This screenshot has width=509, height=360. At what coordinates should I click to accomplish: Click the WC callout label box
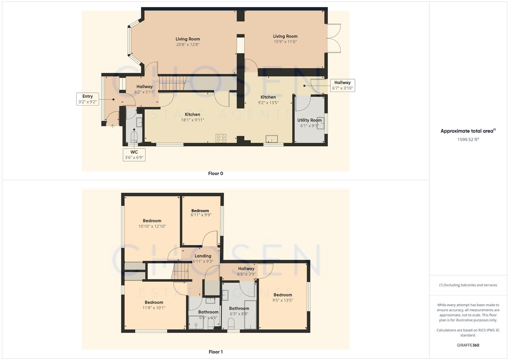pos(134,155)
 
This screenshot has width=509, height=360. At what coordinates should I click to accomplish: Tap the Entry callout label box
pos(88,99)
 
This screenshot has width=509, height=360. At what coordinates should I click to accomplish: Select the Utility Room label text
pos(309,120)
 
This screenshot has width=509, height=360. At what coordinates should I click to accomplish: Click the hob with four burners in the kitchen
pos(221,138)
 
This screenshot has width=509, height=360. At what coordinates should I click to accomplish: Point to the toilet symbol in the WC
pos(134,137)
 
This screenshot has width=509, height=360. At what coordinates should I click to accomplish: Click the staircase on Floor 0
pos(171,83)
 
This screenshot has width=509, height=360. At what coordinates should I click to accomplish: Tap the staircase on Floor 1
pos(180,270)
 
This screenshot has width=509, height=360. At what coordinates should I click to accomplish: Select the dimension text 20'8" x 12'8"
pos(188,44)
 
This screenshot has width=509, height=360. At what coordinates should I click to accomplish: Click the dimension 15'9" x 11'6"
pos(285,42)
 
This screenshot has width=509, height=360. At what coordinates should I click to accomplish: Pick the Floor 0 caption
pos(216,173)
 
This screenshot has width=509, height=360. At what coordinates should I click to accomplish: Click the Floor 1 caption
pos(216,352)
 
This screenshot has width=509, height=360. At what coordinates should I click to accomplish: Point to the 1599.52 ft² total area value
pos(468,139)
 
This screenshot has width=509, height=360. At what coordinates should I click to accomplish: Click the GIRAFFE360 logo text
pos(468,345)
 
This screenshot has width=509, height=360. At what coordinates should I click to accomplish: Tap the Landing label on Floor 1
pos(203,256)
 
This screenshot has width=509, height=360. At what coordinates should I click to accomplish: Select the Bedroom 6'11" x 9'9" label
pos(200,213)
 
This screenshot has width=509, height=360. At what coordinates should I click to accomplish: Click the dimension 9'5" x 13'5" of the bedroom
pos(283,300)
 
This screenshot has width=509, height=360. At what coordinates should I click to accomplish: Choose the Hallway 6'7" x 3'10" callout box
pos(342,85)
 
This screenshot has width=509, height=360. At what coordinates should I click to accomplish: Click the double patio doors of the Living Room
pos(333,38)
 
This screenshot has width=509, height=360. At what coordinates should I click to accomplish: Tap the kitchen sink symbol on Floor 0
pos(272,138)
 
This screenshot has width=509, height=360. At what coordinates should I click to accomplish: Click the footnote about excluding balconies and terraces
pos(468,285)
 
